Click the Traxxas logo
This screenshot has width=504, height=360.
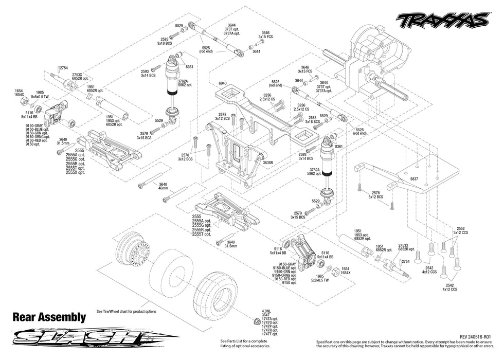(x=442, y=20)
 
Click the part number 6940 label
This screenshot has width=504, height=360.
(x=222, y=83)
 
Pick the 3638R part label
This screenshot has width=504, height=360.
(x=267, y=163)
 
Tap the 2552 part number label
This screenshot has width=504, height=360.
(x=460, y=228)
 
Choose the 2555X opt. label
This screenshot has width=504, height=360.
(x=75, y=172)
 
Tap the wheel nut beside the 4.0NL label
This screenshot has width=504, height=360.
(x=256, y=321)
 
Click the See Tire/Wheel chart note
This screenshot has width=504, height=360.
(x=126, y=311)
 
